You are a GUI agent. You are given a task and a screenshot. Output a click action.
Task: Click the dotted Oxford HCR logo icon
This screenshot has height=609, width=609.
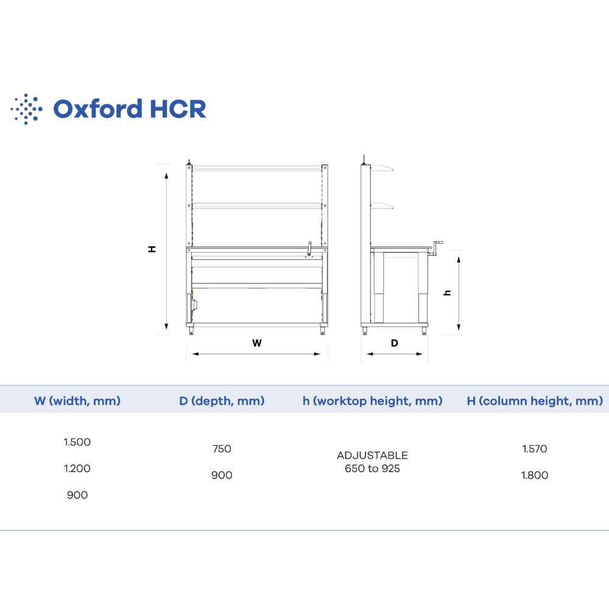[26, 109]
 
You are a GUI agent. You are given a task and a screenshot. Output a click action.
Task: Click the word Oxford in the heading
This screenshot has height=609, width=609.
[98, 109]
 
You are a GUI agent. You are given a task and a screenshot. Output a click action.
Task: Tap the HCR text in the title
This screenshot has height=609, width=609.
[178, 109]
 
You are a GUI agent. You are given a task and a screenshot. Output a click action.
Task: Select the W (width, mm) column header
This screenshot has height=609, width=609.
[77, 401]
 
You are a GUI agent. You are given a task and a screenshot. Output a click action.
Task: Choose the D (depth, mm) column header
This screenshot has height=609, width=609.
[222, 401]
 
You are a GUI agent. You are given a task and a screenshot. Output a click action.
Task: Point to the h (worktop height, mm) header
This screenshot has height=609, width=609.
[373, 401]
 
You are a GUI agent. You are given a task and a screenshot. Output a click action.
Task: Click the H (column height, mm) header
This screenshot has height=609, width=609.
[535, 401]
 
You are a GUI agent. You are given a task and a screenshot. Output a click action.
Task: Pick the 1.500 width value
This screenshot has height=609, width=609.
[77, 442]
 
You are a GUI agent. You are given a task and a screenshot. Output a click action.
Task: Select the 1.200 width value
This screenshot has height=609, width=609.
[77, 468]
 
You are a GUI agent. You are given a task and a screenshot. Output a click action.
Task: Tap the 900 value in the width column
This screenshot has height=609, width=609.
[77, 495]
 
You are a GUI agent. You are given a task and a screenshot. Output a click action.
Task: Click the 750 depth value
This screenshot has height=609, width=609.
[222, 449]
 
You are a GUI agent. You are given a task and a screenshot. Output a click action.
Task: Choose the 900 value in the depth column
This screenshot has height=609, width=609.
[222, 475]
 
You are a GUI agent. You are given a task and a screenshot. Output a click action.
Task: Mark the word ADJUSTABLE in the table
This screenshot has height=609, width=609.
[373, 455]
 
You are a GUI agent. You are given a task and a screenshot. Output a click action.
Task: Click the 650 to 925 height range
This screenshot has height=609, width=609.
[373, 468]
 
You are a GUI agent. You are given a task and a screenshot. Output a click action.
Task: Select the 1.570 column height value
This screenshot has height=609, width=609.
[535, 449]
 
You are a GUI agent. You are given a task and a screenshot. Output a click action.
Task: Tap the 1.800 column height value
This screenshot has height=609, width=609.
[535, 475]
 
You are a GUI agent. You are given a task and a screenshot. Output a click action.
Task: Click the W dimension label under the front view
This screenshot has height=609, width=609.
[257, 343]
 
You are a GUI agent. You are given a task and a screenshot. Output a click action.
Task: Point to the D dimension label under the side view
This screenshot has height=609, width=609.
[395, 343]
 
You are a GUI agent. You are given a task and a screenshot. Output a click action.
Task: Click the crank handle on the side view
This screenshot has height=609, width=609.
[437, 248]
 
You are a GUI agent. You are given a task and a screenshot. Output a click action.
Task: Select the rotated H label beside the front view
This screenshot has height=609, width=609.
[152, 249]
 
